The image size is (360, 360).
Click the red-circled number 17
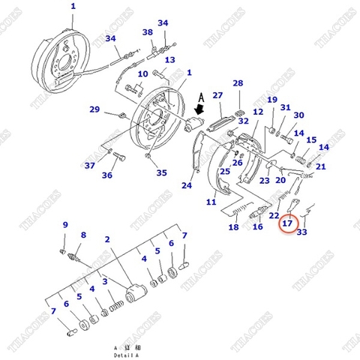point(288,223)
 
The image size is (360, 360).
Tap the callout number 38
point(148,32)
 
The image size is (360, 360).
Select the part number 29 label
point(94,109)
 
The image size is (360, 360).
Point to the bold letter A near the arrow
point(200,96)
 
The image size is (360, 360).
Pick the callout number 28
point(238,83)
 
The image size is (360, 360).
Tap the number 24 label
point(187,185)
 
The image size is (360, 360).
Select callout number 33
point(302,232)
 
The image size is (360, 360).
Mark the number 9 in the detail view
point(65,225)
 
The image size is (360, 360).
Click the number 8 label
point(82,235)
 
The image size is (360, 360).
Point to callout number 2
point(108,239)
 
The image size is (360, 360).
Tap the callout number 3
point(105,281)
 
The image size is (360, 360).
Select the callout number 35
point(161,172)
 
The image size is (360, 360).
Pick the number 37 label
point(89,165)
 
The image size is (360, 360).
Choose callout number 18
point(233,227)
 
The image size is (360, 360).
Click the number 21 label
point(321,166)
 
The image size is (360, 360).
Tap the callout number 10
point(143,74)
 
